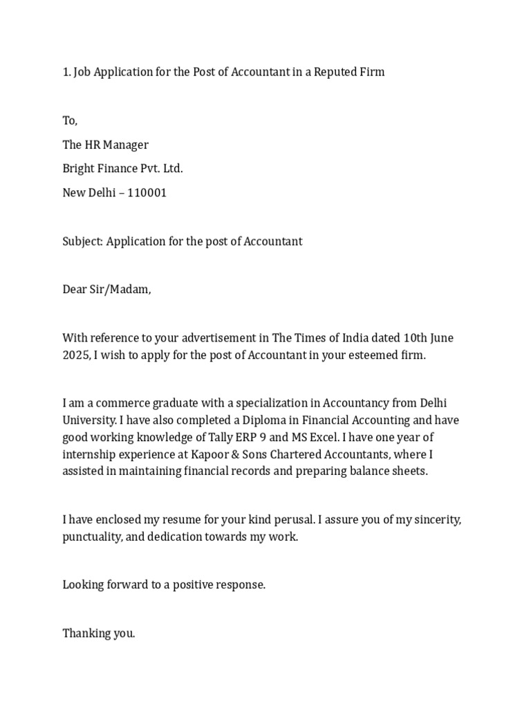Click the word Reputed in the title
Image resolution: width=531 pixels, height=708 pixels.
pyautogui.click(x=336, y=72)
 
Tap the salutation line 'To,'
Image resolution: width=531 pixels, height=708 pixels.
pyautogui.click(x=71, y=121)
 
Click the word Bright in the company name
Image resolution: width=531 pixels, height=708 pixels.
pyautogui.click(x=79, y=169)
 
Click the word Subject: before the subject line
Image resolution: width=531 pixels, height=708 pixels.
pyautogui.click(x=83, y=241)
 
